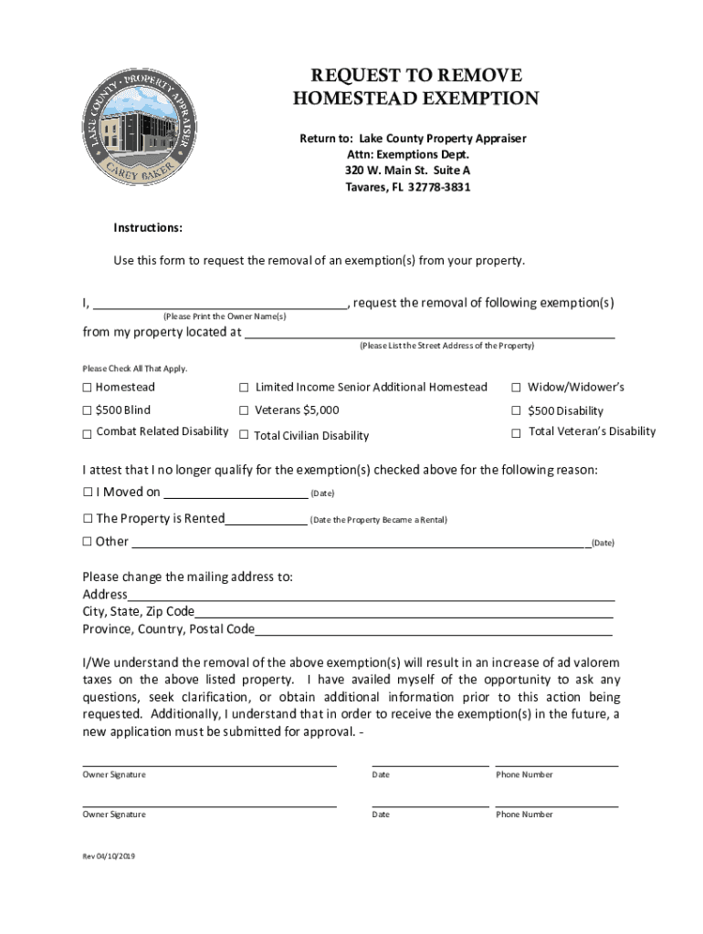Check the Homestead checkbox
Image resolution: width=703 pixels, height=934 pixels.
click(88, 388)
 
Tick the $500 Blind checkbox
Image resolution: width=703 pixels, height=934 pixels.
click(88, 410)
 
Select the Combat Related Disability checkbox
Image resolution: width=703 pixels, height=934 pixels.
click(88, 433)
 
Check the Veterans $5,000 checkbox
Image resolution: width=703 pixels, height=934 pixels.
click(244, 410)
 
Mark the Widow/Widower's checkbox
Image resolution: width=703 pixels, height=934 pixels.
click(516, 388)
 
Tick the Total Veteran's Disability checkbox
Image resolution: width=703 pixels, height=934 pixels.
click(516, 432)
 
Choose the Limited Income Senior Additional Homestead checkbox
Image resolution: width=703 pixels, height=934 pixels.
click(244, 388)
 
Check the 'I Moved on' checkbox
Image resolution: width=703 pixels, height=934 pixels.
click(88, 493)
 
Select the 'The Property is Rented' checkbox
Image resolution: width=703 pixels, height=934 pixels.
click(88, 519)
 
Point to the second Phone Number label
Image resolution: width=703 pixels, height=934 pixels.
click(524, 815)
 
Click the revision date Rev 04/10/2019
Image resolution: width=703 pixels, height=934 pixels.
click(109, 856)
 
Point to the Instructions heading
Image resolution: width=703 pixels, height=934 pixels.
click(148, 227)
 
